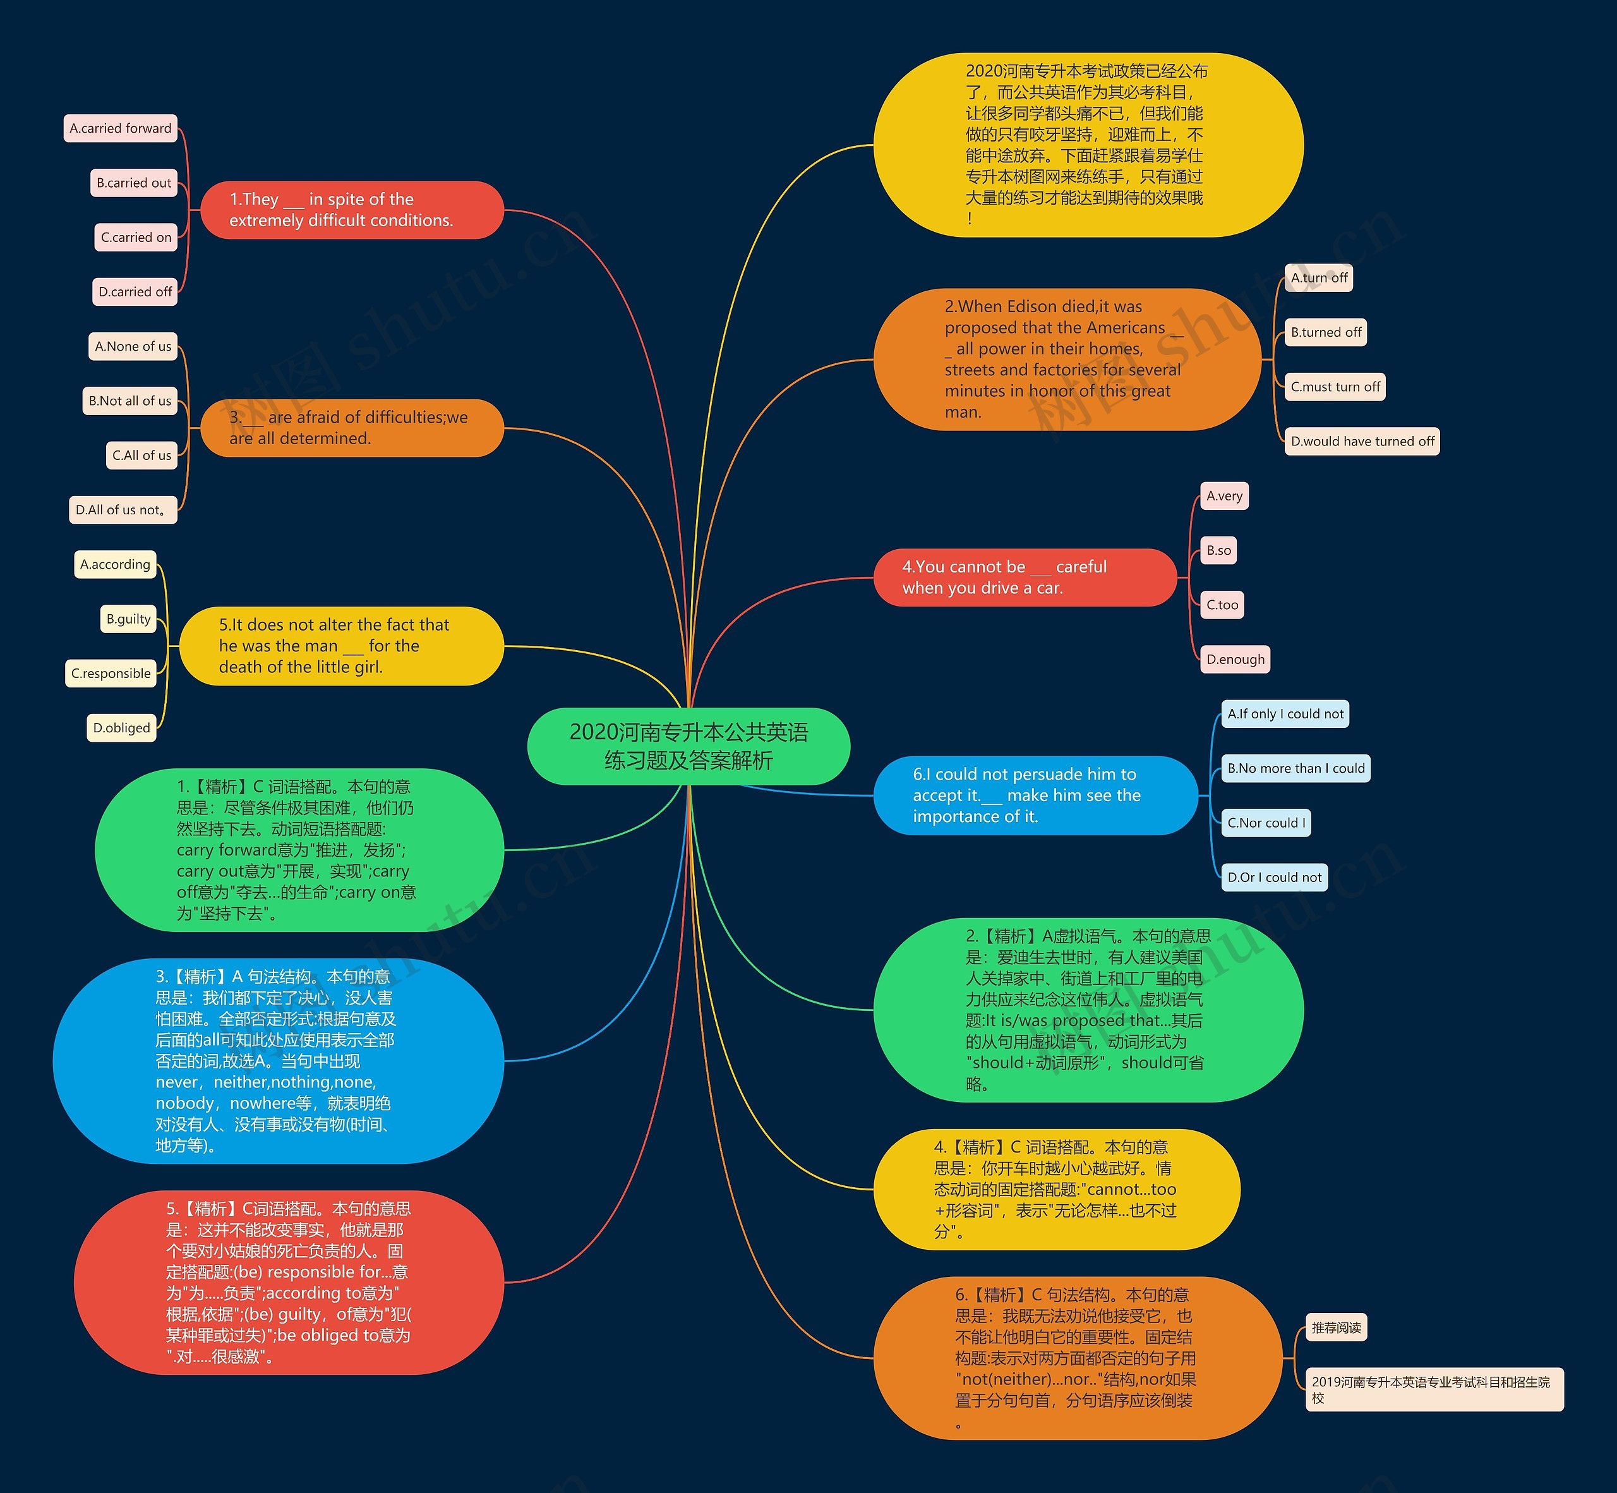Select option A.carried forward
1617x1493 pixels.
(x=121, y=128)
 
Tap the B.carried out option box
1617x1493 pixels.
(x=133, y=183)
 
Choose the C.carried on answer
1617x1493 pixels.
(x=136, y=238)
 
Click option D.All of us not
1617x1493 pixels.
(x=123, y=510)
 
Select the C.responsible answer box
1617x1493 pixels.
(x=111, y=673)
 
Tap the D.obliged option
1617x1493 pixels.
(x=121, y=727)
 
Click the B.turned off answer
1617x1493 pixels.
(x=1325, y=332)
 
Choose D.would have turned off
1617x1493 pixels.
(x=1362, y=441)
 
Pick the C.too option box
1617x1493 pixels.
(x=1222, y=604)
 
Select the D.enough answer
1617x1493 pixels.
(x=1235, y=659)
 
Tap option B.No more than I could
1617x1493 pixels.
(x=1295, y=768)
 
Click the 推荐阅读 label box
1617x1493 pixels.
(x=1336, y=1327)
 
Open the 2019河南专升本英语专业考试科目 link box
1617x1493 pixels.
(x=1434, y=1389)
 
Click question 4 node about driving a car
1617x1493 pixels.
(x=1025, y=577)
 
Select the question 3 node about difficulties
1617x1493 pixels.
(x=351, y=428)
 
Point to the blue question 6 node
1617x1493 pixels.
(x=1035, y=795)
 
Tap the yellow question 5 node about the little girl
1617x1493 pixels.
(x=341, y=646)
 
